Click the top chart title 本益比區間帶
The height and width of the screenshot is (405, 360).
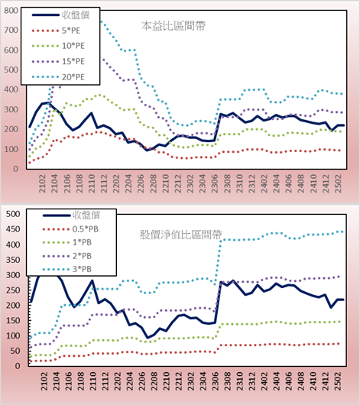(x=174, y=26)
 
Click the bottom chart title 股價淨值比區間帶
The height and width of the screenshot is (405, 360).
(x=181, y=235)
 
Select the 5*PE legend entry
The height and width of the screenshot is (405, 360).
(x=56, y=31)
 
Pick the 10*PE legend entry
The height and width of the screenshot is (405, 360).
(x=58, y=46)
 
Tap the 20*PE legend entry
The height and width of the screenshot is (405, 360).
(x=58, y=77)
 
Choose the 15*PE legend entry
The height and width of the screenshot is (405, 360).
(x=58, y=61)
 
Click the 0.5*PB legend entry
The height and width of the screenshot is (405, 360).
(x=70, y=229)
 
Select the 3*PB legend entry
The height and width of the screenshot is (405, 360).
(x=67, y=269)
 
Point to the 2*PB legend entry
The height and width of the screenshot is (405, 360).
(x=67, y=256)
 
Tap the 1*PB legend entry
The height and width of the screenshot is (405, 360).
(x=67, y=242)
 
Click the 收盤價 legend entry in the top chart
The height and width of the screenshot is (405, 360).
(x=60, y=15)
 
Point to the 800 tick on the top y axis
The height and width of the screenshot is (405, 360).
(x=11, y=11)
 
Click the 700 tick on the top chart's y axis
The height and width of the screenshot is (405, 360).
(x=11, y=31)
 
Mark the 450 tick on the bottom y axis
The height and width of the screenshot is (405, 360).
(x=13, y=229)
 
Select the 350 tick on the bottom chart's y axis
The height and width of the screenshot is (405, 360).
(x=13, y=260)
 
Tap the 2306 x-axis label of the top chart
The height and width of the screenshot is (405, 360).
(x=215, y=183)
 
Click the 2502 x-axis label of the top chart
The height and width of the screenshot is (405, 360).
(x=339, y=183)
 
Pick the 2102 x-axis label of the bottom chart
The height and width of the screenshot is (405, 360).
(x=44, y=381)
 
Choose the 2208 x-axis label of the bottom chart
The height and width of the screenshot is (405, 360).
(x=154, y=381)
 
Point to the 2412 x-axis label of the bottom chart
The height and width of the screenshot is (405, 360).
(x=326, y=381)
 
